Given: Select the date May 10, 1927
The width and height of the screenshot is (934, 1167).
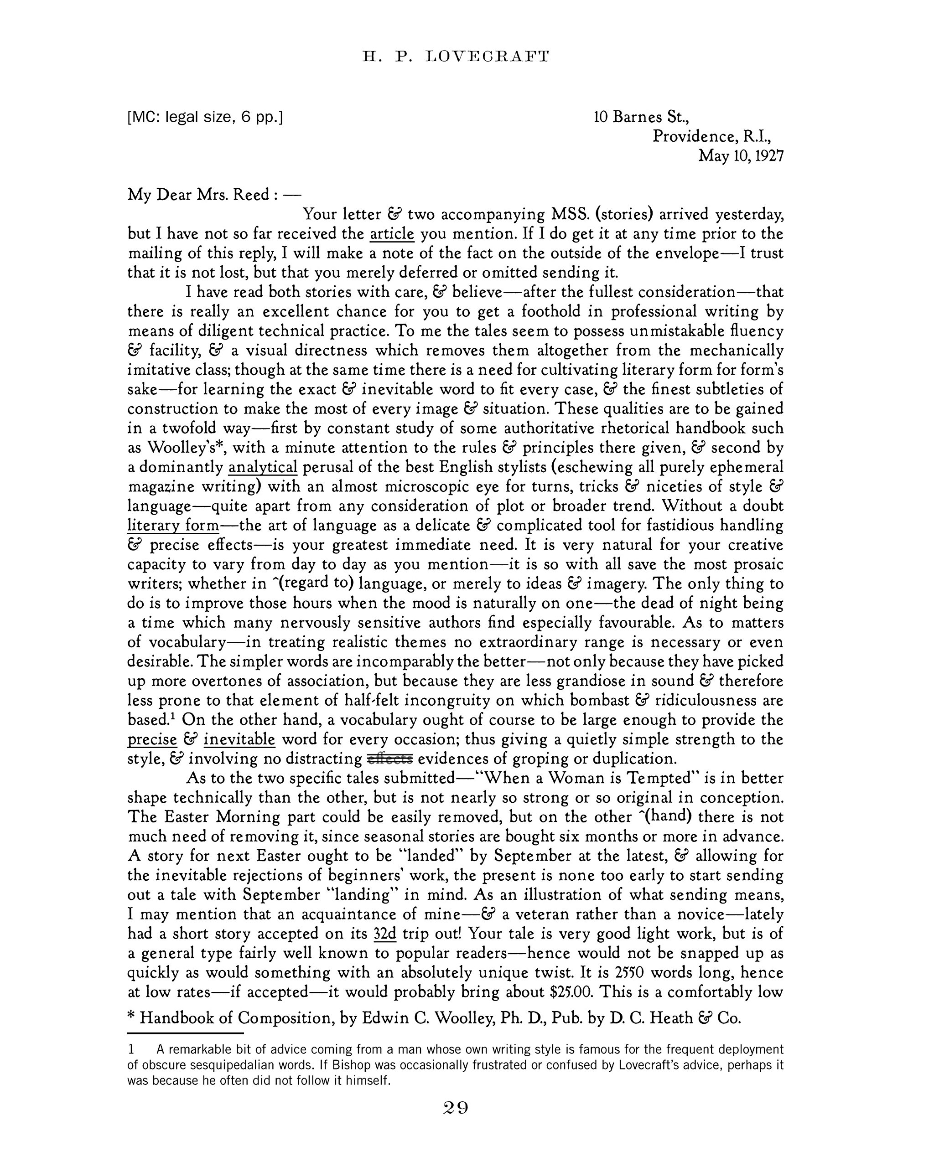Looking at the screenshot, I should [741, 156].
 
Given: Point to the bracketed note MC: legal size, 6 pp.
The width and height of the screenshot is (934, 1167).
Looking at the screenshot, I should [205, 117].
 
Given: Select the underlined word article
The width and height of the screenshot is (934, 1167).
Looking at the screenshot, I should [392, 234].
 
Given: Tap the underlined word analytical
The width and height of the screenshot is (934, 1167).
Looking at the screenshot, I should [263, 467].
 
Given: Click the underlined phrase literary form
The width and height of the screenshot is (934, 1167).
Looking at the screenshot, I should [173, 526].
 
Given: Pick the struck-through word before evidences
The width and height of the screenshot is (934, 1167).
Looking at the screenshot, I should [390, 759].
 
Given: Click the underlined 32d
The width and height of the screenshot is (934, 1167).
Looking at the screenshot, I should [385, 934].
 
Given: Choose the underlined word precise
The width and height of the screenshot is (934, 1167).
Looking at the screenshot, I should [152, 739].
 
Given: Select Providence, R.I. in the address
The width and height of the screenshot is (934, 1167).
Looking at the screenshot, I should [711, 136].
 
